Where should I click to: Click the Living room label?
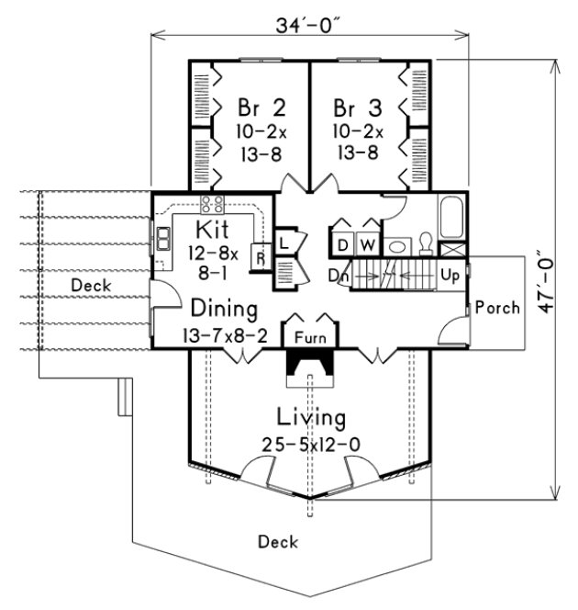coord(312,419)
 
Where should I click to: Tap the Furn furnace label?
coord(310,337)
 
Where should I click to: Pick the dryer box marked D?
coord(342,244)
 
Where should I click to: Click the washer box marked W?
coord(367,244)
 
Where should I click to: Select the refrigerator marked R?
coord(260,258)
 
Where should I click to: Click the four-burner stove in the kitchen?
coord(213,205)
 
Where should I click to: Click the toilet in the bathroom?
coord(425,242)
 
